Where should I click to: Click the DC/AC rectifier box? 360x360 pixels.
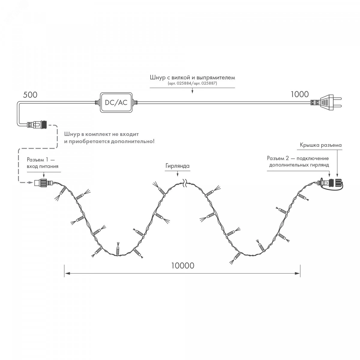click(116, 102)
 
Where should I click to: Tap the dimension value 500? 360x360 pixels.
click(30, 95)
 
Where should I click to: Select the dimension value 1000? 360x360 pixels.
click(300, 94)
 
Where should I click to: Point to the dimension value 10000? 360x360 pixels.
click(183, 265)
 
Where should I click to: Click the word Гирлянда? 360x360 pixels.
click(177, 166)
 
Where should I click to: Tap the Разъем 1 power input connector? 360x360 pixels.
click(43, 182)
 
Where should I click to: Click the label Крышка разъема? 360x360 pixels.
click(321, 145)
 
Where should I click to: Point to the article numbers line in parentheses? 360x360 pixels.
click(192, 83)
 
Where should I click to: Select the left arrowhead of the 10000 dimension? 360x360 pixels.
click(67, 274)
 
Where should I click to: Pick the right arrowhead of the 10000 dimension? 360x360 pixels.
click(297, 274)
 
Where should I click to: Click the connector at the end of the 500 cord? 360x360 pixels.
click(37, 124)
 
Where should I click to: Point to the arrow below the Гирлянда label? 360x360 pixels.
click(178, 174)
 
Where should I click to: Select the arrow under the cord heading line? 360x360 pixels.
click(192, 91)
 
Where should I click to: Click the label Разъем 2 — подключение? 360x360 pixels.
click(298, 158)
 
